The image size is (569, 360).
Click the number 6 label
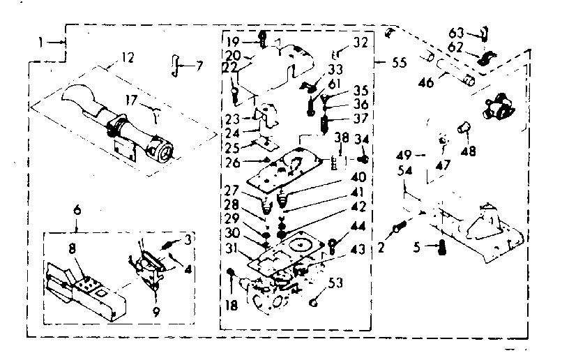tap(77, 209)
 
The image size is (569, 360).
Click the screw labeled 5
tap(441, 246)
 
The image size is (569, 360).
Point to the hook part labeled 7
tap(176, 64)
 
